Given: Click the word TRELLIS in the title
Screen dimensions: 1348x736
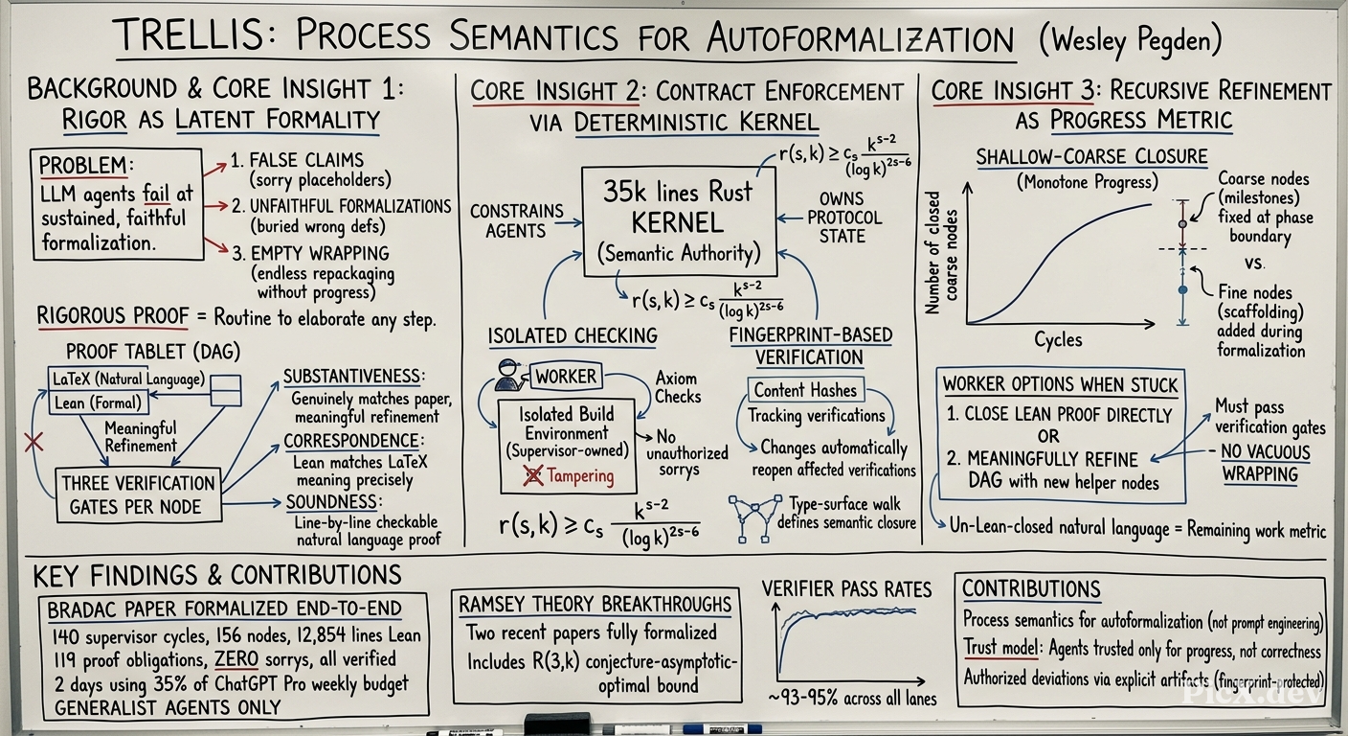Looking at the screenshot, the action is point(191,35).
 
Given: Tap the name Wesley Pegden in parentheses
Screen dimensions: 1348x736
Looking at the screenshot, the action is point(1131,40).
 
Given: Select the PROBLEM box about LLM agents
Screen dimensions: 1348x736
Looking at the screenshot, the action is point(118,204).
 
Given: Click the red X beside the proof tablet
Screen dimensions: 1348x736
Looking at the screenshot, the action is point(34,443).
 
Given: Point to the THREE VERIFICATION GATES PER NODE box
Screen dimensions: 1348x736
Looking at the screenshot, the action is point(139,494).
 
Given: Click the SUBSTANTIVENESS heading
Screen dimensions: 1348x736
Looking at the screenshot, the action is point(354,377).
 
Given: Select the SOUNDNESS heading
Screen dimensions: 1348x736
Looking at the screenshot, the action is point(334,502).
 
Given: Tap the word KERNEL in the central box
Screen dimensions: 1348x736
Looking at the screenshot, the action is point(678,223).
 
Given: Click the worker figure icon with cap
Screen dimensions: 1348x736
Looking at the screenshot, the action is point(508,375).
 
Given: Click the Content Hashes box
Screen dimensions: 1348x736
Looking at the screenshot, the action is point(805,390).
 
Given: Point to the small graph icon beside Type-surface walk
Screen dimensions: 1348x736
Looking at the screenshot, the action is point(755,518).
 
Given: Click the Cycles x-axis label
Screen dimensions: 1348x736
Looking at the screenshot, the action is point(1057,339).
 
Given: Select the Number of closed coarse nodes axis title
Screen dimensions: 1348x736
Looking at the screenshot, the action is point(941,252).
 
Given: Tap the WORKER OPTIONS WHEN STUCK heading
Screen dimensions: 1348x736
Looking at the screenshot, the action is point(1060,385).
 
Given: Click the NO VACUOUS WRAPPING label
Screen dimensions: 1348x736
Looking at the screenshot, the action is point(1265,463).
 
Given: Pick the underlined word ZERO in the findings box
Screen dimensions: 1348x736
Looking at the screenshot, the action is point(236,659).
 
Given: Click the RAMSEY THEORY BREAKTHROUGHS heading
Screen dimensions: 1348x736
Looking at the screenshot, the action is point(595,604).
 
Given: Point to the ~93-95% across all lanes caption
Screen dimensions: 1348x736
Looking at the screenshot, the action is point(852,699).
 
